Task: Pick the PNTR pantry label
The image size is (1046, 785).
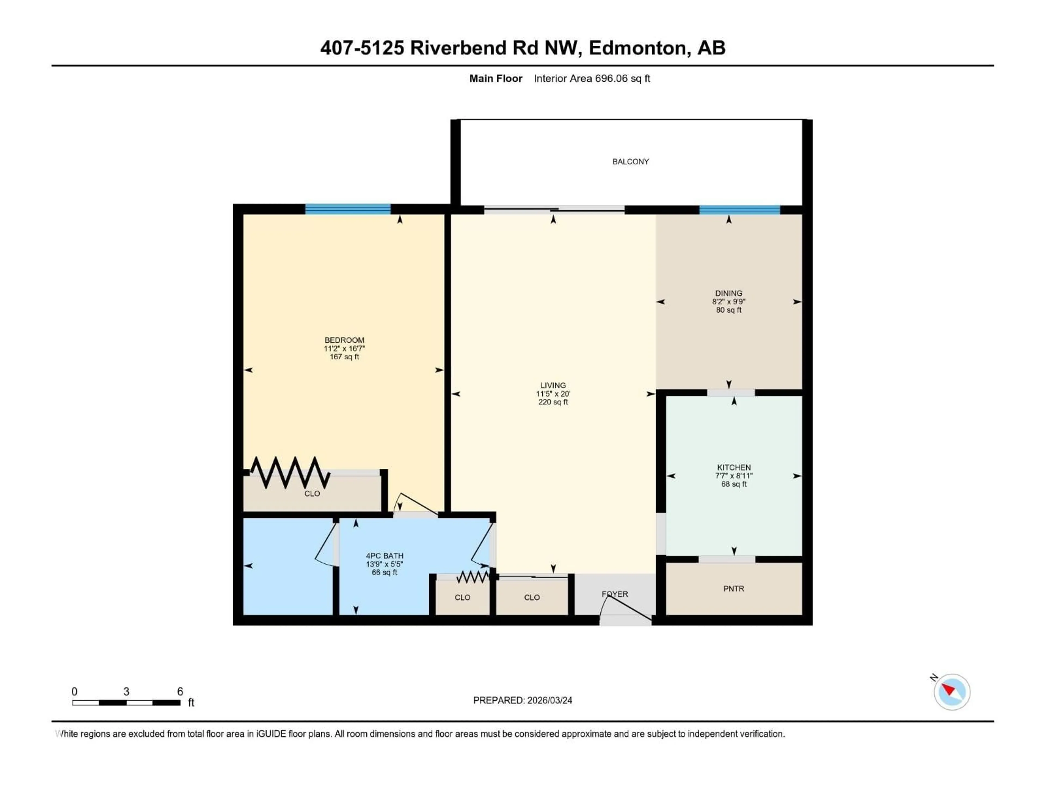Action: pos(734,589)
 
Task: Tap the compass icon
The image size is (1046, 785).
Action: pos(951,692)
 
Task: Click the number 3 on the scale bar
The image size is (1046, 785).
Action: pos(126,691)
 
